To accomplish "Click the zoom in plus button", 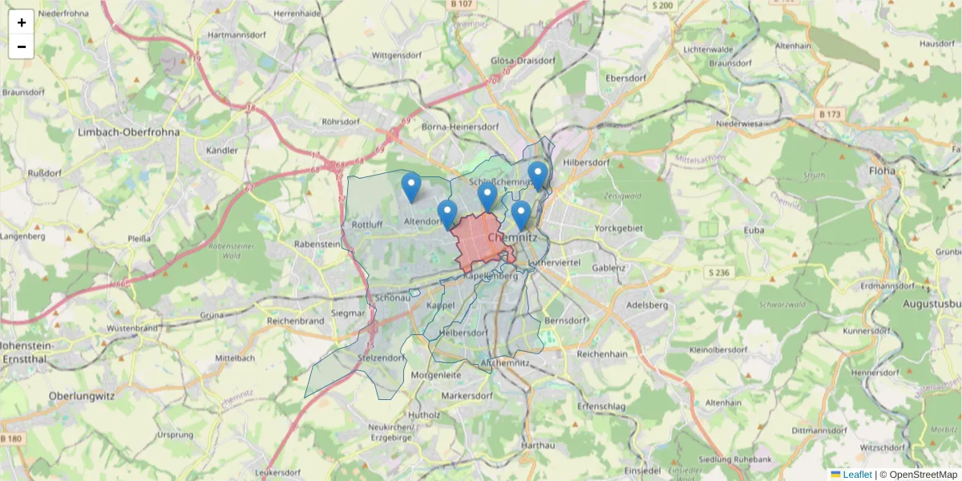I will (21, 22).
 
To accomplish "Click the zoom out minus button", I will (21, 46).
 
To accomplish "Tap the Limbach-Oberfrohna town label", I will (128, 131).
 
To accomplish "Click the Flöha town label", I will (882, 170).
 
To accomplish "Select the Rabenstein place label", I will (317, 244).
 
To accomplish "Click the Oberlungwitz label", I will (82, 396).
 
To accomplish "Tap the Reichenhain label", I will (601, 353).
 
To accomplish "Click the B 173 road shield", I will (830, 115).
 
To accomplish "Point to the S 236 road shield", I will (719, 273).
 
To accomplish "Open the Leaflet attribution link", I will (856, 475).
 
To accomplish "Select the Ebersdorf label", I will (626, 78).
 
